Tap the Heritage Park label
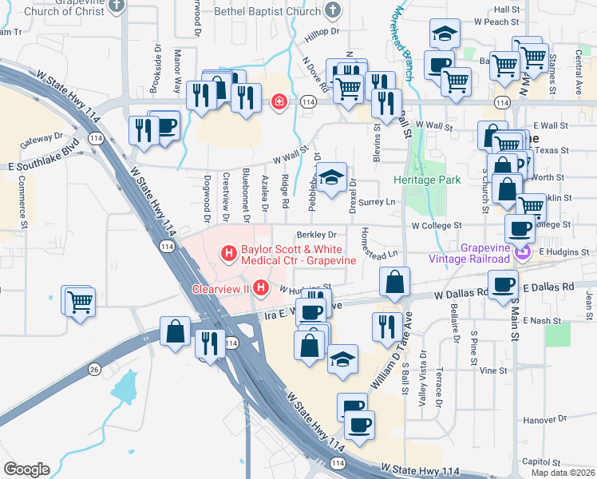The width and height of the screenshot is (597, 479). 427,180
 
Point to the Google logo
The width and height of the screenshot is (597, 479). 26,469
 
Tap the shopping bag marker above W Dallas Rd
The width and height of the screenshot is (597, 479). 395,282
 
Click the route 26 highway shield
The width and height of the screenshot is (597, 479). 94,369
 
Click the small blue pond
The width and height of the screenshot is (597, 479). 125,389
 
